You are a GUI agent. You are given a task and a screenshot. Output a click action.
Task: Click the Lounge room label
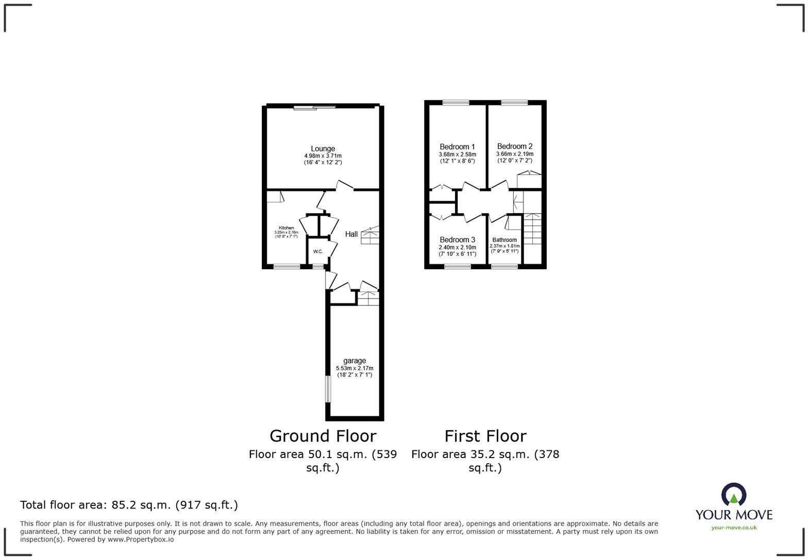coord(323,149)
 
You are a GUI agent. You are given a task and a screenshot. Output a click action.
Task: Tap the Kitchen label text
coord(287,228)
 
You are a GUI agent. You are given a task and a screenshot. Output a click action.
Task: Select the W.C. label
coord(318,252)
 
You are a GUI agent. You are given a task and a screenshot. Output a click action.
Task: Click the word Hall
coord(351,234)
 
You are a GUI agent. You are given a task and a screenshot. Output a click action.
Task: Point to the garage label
coord(355,361)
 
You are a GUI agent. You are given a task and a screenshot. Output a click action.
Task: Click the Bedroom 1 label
coord(457,147)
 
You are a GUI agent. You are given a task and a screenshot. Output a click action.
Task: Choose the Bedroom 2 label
coord(515,146)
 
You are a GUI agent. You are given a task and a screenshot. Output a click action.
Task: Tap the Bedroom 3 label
coord(457,240)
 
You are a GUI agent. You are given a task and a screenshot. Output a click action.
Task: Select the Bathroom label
coord(504,240)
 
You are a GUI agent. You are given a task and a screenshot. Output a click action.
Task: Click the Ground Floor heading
coord(323,436)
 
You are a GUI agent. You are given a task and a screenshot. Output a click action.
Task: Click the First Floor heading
coord(485,436)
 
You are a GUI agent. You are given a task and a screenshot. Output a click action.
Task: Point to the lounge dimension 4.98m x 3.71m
coord(323,156)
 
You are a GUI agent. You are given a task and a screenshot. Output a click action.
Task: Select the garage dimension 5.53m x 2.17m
coord(355,369)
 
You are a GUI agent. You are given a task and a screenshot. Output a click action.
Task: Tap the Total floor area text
coord(129,505)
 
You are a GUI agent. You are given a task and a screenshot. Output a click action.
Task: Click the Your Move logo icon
coord(734,495)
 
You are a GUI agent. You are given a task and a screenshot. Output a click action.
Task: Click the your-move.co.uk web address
coord(734,527)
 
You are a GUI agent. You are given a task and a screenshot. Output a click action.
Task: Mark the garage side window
coord(327,389)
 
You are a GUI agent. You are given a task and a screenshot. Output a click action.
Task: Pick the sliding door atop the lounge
coord(315,107)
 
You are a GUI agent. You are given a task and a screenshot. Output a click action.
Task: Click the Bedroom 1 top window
coord(456,102)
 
